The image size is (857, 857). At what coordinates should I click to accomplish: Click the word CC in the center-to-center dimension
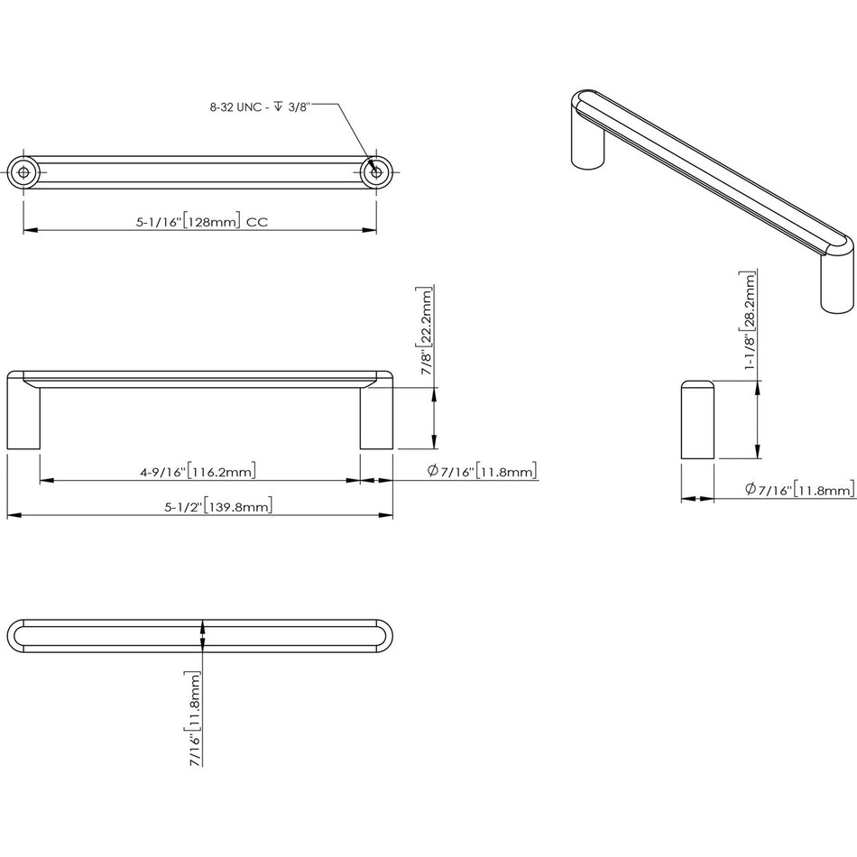[257, 221]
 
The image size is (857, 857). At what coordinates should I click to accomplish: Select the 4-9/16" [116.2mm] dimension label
[197, 471]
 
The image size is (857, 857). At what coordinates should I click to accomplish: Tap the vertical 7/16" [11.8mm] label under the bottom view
[192, 717]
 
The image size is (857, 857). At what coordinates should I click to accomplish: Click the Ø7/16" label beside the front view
[482, 471]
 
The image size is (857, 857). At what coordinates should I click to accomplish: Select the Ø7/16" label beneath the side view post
[799, 490]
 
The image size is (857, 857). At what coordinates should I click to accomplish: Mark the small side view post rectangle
[697, 420]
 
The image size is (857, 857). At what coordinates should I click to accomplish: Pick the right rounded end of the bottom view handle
[384, 636]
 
